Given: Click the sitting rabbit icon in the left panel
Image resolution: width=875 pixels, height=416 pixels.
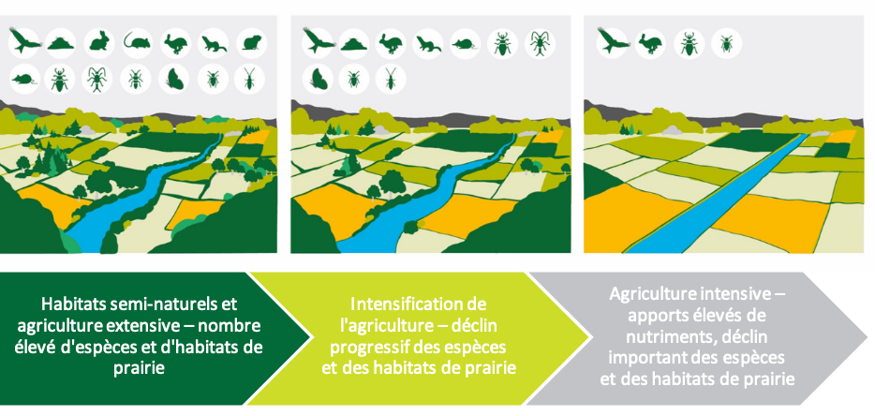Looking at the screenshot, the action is pyautogui.click(x=99, y=42).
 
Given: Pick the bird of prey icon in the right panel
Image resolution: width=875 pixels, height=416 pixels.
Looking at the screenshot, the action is pyautogui.click(x=612, y=42).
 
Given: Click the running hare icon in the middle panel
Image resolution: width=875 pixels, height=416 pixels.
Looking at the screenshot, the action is pyautogui.click(x=391, y=43).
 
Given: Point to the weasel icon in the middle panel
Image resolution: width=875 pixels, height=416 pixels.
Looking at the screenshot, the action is pyautogui.click(x=427, y=43).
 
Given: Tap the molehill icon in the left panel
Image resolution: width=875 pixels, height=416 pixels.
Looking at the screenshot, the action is pyautogui.click(x=61, y=42).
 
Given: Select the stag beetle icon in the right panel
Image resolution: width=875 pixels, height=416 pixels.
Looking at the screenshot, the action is pyautogui.click(x=690, y=43).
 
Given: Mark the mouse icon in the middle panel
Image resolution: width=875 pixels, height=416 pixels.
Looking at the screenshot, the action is pyautogui.click(x=465, y=43).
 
